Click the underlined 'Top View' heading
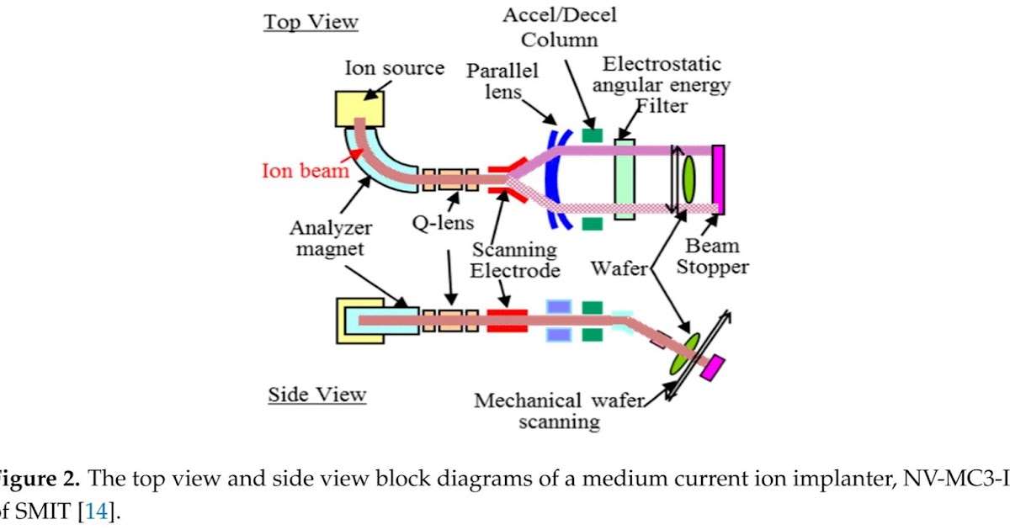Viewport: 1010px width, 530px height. click(x=311, y=22)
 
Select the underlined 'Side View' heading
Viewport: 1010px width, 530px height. click(x=316, y=394)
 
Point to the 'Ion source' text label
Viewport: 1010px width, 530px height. click(x=394, y=68)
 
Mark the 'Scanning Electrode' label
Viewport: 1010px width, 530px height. click(x=514, y=260)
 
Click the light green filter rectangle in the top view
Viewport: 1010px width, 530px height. click(x=624, y=180)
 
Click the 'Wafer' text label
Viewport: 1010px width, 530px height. click(x=619, y=269)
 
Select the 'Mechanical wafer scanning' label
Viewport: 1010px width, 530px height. click(x=558, y=411)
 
